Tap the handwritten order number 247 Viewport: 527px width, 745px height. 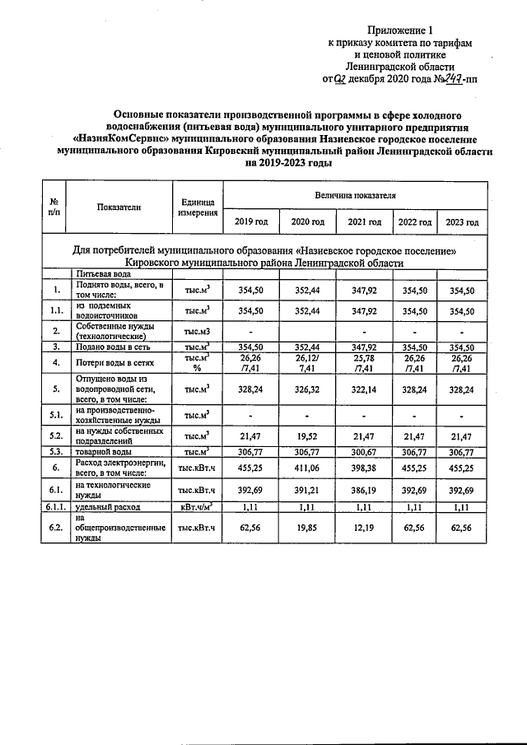(x=443, y=79)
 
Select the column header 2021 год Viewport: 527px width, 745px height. (x=364, y=222)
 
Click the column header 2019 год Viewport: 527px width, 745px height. (x=251, y=222)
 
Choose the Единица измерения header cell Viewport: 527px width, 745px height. (x=197, y=207)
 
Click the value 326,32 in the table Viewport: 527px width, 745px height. (x=307, y=389)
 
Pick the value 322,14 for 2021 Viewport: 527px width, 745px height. (x=364, y=389)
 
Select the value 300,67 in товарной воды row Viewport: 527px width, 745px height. (x=364, y=452)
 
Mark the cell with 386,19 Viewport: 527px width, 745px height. (x=364, y=491)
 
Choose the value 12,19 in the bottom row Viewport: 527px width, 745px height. (x=364, y=526)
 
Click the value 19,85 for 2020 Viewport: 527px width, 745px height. (x=307, y=526)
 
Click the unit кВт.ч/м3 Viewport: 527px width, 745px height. (x=197, y=509)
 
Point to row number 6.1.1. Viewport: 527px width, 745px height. (x=54, y=509)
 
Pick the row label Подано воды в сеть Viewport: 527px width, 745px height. (x=113, y=348)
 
